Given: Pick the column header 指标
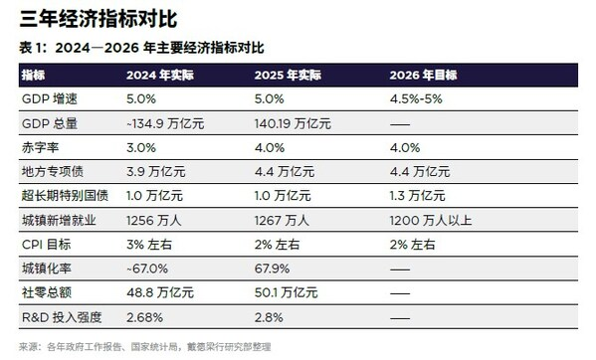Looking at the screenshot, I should click(33, 76).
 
